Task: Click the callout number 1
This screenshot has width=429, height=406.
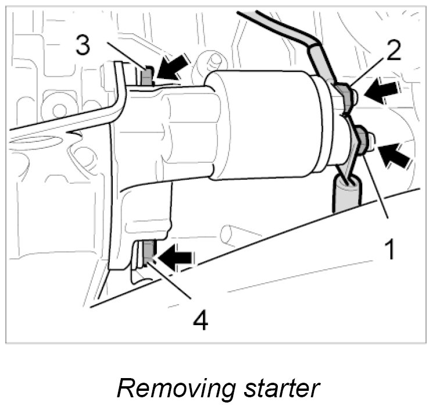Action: tap(391, 250)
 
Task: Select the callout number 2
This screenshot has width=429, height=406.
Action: tap(394, 51)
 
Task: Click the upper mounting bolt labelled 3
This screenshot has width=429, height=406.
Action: tap(148, 75)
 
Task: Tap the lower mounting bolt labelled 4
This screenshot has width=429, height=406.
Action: tap(149, 251)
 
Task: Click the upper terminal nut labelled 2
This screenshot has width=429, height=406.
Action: tap(342, 94)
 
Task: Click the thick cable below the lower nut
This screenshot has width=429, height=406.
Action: tap(345, 195)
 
